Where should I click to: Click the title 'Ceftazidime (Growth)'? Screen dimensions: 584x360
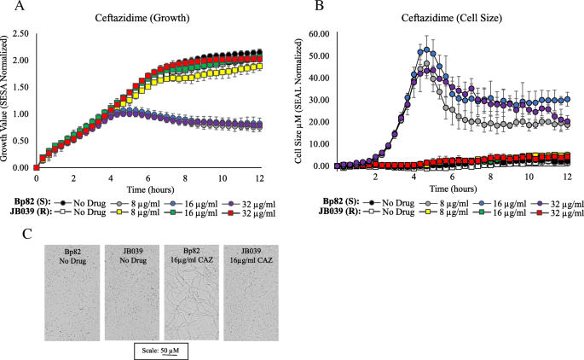(142, 18)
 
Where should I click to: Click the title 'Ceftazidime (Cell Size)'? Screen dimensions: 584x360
(451, 18)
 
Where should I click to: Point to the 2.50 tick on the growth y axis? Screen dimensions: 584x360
(20, 33)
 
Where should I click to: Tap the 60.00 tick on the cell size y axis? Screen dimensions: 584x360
(320, 34)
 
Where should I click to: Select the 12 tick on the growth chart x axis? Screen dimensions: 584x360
(259, 178)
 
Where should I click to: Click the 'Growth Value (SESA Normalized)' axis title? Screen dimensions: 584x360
(4, 99)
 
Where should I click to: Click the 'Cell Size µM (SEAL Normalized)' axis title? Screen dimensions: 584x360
(298, 100)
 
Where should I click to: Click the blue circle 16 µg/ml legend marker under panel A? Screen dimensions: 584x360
(173, 204)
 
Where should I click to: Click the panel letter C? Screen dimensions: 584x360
(26, 234)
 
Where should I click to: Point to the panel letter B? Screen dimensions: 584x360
(319, 6)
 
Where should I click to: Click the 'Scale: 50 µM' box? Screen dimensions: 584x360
(161, 351)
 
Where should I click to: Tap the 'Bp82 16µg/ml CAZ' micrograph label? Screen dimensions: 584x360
(192, 255)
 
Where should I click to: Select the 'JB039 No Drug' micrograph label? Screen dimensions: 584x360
(133, 256)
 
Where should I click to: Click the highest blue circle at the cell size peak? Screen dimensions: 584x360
(426, 49)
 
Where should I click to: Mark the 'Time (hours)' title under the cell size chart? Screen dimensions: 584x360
(453, 189)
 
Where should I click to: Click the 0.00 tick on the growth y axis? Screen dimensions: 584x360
(20, 168)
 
